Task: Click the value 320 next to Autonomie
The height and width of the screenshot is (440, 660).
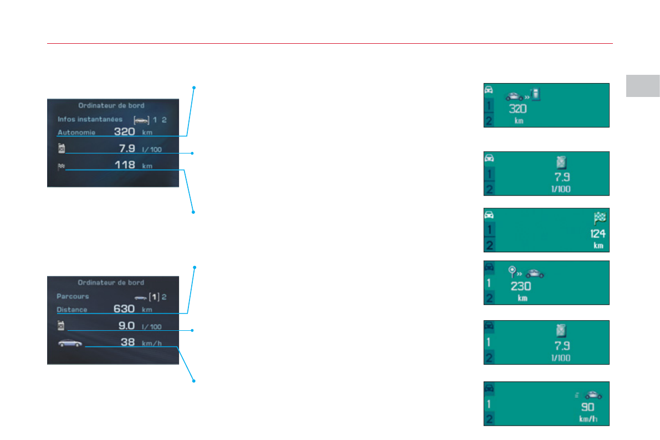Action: (x=125, y=132)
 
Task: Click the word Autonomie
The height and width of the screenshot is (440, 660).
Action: (x=76, y=133)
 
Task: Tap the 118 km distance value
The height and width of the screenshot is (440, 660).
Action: (x=125, y=165)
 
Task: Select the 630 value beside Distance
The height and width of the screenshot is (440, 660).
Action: (x=124, y=309)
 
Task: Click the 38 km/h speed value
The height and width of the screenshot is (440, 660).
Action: (x=128, y=342)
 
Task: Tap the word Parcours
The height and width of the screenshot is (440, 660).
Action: (x=73, y=296)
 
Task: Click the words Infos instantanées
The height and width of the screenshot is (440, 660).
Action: (x=90, y=119)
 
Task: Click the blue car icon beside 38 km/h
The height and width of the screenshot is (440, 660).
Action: (x=70, y=344)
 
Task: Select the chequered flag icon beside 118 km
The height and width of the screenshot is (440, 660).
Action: (x=61, y=165)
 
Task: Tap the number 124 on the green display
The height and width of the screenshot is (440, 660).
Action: (x=598, y=234)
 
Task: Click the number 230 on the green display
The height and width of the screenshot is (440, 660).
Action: (x=520, y=286)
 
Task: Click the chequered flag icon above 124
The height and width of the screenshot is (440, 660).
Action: (x=599, y=218)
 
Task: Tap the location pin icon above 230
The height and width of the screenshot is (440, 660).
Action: (x=513, y=272)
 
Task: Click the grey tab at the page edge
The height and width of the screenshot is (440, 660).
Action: (x=643, y=85)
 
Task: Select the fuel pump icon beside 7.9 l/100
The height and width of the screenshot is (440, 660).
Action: (x=62, y=148)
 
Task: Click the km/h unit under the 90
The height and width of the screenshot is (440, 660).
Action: (x=589, y=419)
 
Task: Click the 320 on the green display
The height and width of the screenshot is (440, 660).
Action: (x=517, y=109)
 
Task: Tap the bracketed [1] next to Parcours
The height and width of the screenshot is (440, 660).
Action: (x=155, y=297)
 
